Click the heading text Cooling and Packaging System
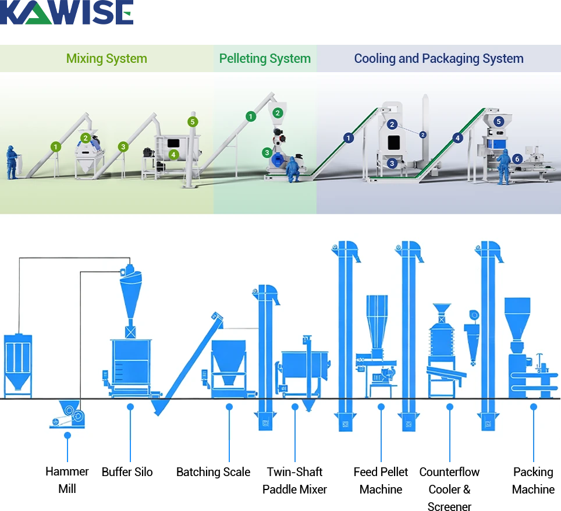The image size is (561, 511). tap(438, 59)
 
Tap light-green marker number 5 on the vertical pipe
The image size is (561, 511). tap(193, 122)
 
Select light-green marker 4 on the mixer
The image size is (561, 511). tap(173, 155)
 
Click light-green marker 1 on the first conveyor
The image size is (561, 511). tap(55, 147)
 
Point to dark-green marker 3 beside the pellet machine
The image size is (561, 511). tap(267, 153)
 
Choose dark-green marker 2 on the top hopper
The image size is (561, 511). tap(278, 113)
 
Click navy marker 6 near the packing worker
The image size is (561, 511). tap(517, 159)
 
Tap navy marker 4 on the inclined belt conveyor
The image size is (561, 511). tap(457, 139)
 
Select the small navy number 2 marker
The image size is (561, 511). tap(423, 134)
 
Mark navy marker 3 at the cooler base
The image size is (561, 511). tap(392, 164)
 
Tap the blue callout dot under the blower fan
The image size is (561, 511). tap(68, 435)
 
